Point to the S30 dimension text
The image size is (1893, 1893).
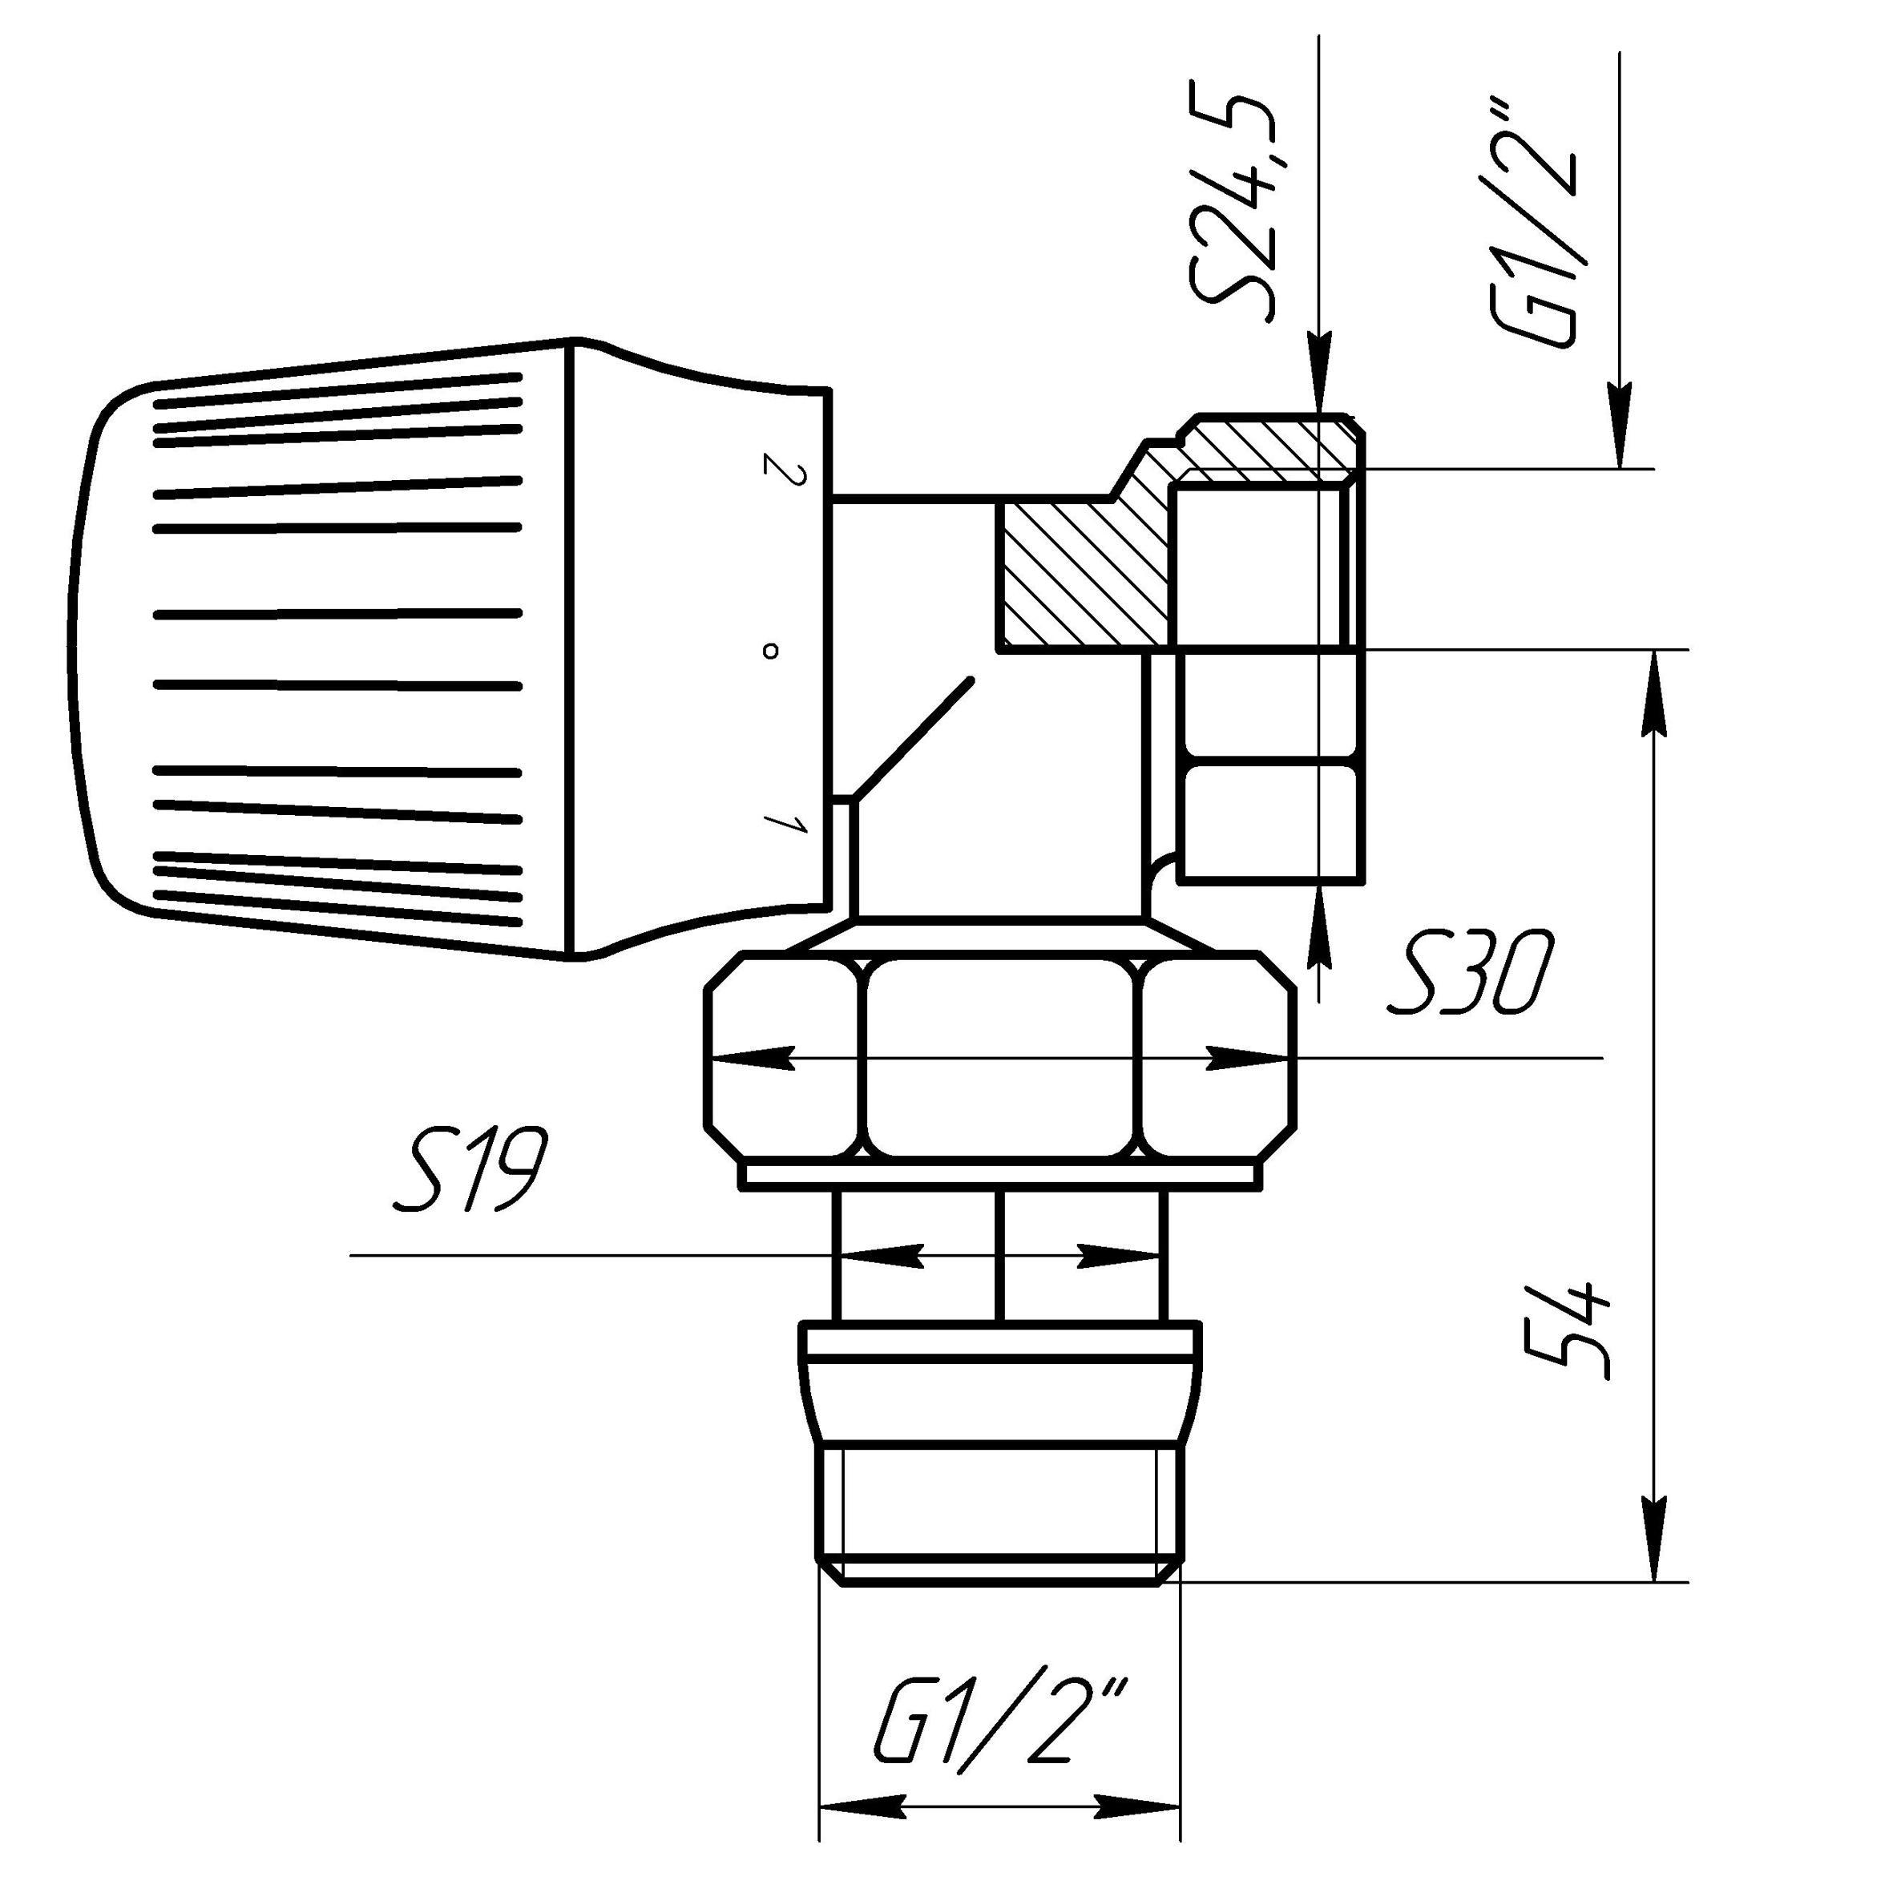pos(1470,974)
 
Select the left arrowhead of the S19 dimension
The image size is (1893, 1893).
pos(882,1255)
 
